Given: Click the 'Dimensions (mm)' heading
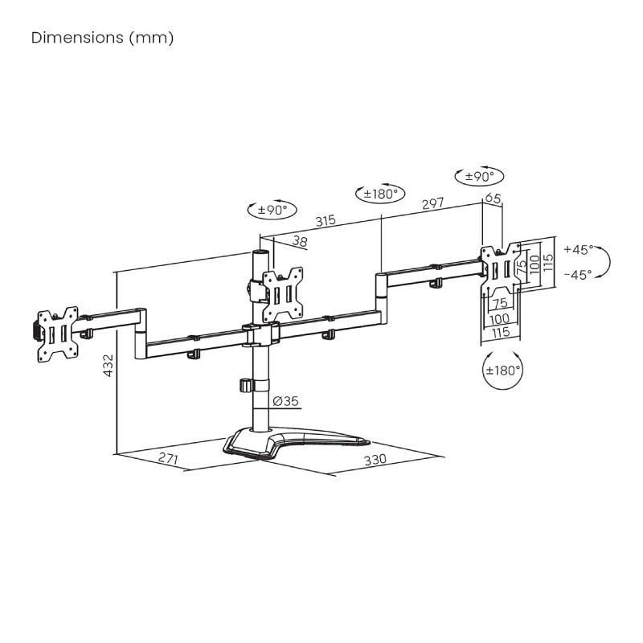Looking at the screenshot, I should pos(102,38).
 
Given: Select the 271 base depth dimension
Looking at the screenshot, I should pos(168,460).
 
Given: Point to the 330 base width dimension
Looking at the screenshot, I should pos(375,460).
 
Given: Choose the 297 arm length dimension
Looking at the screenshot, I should pos(432,204).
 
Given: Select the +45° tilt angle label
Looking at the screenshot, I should pos(578,248).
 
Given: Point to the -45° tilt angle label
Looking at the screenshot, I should pos(578,274).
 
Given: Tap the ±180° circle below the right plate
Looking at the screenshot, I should pos(503,371).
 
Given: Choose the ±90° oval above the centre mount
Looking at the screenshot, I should pos(272,211).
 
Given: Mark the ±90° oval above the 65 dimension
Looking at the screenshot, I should pos(479,176).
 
